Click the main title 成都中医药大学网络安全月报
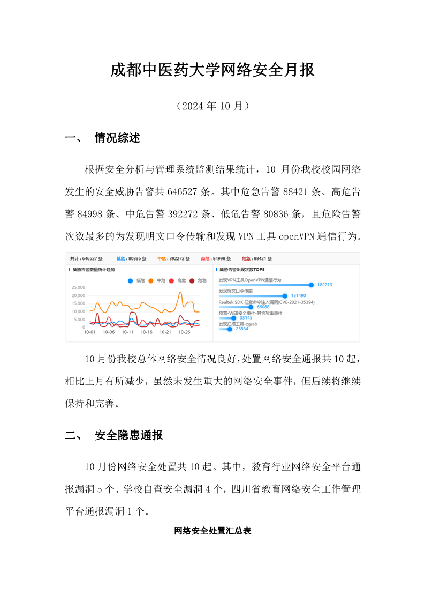point(212,70)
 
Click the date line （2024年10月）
point(212,106)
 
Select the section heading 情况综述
point(117,138)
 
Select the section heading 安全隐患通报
point(128,435)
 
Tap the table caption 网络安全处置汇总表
point(212,531)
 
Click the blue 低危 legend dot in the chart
point(131,280)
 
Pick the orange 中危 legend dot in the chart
point(151,280)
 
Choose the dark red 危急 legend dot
point(192,280)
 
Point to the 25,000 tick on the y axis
point(78,287)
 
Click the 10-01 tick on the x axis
point(89,332)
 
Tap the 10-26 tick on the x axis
point(184,332)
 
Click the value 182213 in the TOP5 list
point(324,285)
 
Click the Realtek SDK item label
point(267,302)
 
